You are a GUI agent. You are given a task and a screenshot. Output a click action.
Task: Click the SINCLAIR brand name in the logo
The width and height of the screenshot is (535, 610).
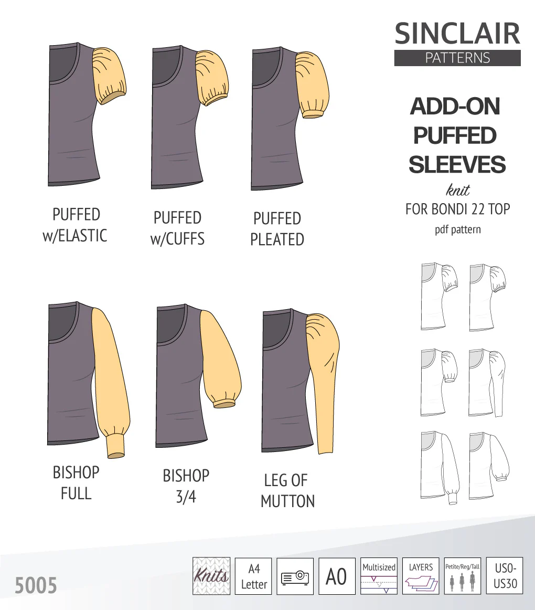coord(457,34)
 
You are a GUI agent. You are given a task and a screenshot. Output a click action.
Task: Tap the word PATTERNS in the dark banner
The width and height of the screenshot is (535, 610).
coord(457,58)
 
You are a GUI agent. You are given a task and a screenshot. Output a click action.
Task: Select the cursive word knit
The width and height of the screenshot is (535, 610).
coord(457,190)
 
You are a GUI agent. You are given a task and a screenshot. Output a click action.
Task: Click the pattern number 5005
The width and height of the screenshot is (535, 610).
coord(36,585)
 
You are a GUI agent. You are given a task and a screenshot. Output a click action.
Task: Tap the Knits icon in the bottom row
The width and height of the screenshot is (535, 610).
coord(211,576)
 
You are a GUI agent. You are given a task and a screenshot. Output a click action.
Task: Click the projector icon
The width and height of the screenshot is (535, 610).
coord(295,576)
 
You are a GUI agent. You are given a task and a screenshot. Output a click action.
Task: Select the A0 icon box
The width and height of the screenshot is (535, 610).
coord(337,576)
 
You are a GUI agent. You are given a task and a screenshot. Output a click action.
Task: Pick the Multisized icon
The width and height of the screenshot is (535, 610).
coord(379,576)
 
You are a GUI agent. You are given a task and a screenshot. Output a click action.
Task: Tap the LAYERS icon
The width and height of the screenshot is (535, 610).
coord(421,576)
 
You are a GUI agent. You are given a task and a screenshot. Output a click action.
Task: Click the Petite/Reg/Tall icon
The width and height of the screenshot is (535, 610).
coord(462,576)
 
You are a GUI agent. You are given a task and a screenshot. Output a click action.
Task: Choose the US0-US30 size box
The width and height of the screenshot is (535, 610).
coord(505,576)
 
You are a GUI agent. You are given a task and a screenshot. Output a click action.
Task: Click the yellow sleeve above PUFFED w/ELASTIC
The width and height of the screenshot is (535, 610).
coord(109,76)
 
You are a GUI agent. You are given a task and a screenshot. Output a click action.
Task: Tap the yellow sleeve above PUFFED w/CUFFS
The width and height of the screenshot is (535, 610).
coord(212,78)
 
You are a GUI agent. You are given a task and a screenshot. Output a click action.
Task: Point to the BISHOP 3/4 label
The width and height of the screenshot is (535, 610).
coord(186,486)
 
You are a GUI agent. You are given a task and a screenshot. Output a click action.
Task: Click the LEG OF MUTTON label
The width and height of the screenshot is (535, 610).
coord(287,490)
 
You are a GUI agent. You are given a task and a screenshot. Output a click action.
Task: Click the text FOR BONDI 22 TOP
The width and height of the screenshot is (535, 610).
coord(457,209)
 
